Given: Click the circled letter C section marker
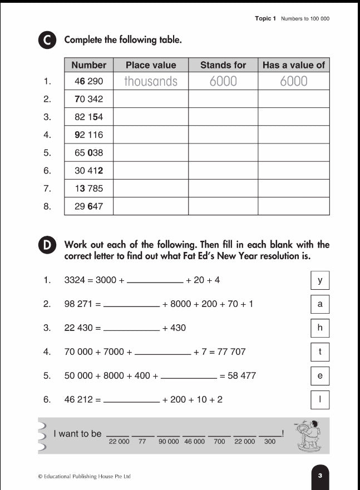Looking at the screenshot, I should [x=47, y=41].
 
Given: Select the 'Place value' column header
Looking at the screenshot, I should [x=151, y=65].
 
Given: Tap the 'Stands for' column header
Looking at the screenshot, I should [x=223, y=65].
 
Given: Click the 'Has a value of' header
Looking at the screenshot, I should [x=293, y=65].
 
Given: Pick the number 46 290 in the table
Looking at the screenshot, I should [x=88, y=81].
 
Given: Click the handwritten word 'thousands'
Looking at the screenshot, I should [x=151, y=81].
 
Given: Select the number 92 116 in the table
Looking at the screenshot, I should [x=88, y=135].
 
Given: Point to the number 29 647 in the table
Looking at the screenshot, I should [x=88, y=206].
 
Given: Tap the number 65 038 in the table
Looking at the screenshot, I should [x=88, y=152].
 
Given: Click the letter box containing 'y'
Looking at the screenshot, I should [x=320, y=280].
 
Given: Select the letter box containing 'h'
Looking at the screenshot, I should [x=320, y=328].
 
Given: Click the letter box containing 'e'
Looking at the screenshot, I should [x=320, y=376].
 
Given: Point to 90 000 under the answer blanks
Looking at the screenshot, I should [x=169, y=442].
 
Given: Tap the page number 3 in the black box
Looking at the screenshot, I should [x=320, y=476].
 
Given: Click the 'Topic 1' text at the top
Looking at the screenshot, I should [x=265, y=19].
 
